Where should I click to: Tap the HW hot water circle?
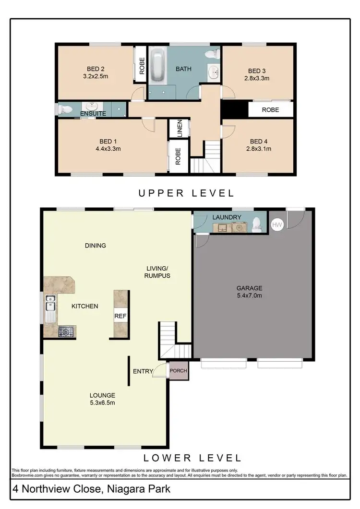[x=277, y=224]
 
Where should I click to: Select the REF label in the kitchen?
[x=120, y=316]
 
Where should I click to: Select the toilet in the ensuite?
[x=63, y=109]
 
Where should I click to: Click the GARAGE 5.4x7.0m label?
[x=249, y=292]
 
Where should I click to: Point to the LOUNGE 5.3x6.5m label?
[x=102, y=399]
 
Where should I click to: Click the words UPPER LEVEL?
[x=186, y=193]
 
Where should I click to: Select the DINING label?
[x=95, y=246]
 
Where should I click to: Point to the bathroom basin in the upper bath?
[x=214, y=73]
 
